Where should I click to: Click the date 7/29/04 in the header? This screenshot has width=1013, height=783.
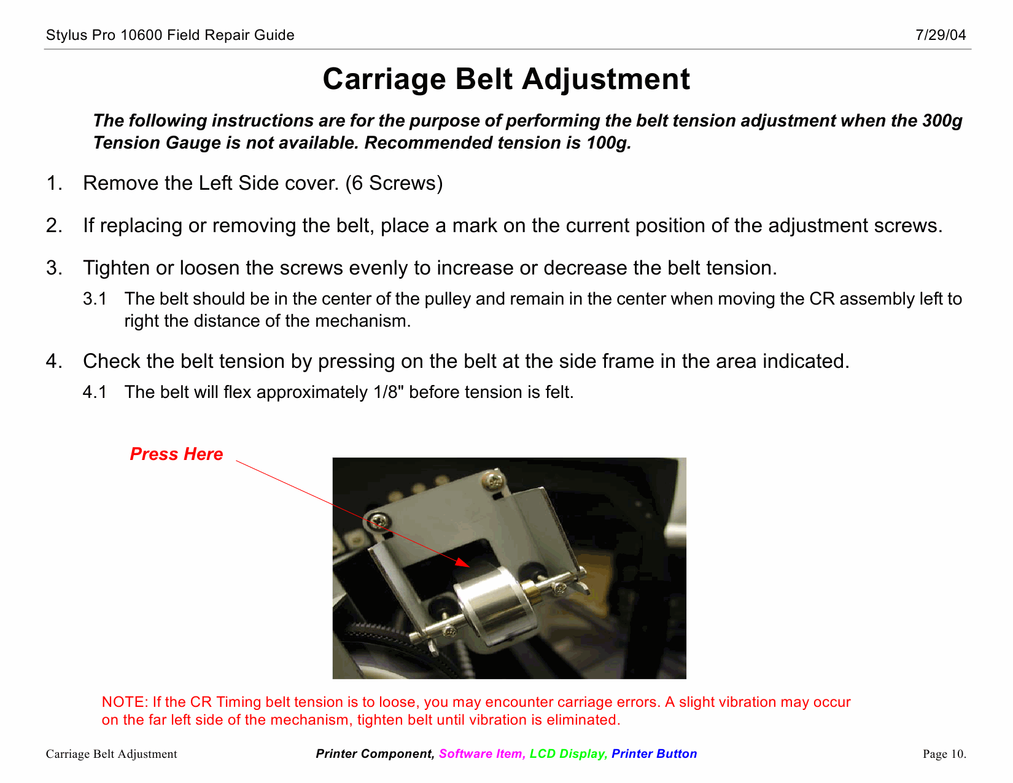[x=941, y=35]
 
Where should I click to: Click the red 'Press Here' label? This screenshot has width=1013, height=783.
[x=176, y=454]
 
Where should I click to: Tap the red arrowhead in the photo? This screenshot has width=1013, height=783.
[x=461, y=561]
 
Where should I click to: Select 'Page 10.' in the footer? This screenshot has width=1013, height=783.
[x=944, y=754]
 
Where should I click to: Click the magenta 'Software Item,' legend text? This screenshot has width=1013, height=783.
[x=482, y=754]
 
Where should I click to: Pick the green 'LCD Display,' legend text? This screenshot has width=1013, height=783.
[x=569, y=754]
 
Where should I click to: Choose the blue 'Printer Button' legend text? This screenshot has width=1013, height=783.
[x=654, y=754]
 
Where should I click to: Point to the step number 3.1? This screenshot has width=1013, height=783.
[x=95, y=299]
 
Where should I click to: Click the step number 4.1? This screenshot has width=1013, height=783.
[x=95, y=392]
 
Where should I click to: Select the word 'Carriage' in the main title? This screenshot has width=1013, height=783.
[x=384, y=79]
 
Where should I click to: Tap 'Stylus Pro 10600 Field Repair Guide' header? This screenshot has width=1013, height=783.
[x=170, y=35]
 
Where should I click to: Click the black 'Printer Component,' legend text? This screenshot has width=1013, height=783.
[x=375, y=754]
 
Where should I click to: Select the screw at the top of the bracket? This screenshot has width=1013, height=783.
[x=493, y=477]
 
